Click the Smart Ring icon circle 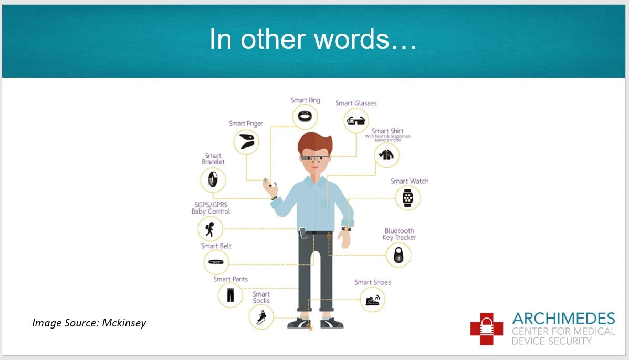[x=305, y=117]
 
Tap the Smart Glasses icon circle [x=356, y=120]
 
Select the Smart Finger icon [x=246, y=142]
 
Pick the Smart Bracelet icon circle [x=213, y=179]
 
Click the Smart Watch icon [x=408, y=198]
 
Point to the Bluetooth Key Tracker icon [x=399, y=256]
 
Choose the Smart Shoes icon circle [x=372, y=300]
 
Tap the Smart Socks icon [x=261, y=317]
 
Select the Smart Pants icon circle [x=230, y=295]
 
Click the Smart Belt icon [x=216, y=262]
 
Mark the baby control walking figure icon [x=210, y=229]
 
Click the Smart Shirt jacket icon [x=386, y=154]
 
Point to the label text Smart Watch [x=410, y=181]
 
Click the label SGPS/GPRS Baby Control [x=211, y=208]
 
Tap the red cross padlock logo [x=487, y=329]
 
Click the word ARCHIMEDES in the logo [x=563, y=319]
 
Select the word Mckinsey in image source [x=124, y=323]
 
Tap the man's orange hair [x=315, y=143]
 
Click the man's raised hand [x=269, y=187]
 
